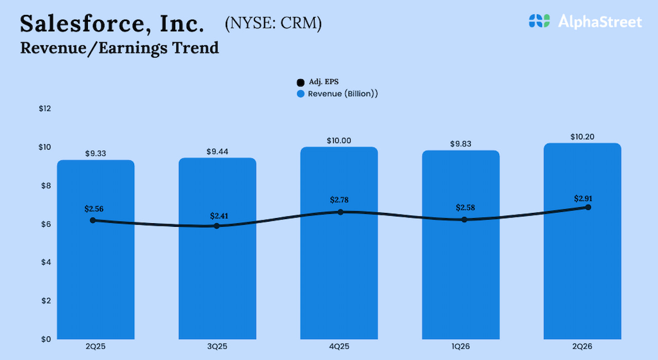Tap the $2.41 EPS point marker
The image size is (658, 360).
[216, 226]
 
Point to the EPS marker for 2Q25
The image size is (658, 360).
[93, 220]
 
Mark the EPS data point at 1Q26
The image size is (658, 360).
[464, 220]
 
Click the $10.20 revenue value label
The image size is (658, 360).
[582, 137]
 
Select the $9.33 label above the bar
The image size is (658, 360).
[96, 153]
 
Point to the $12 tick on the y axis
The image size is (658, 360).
[45, 109]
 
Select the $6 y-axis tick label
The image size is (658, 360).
[45, 224]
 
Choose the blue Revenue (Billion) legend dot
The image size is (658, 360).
[301, 94]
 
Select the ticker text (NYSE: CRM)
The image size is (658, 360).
[273, 24]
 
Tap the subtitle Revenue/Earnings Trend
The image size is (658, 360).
[119, 48]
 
